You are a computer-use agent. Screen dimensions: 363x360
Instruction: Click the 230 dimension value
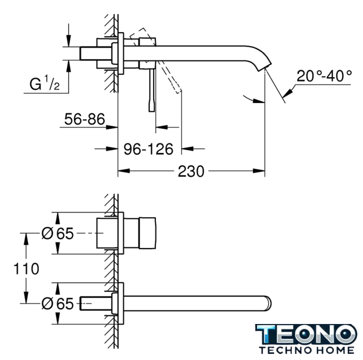(x=191, y=171)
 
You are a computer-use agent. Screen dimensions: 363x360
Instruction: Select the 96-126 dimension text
(x=149, y=148)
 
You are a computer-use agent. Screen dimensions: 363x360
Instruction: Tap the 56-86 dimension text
(x=84, y=119)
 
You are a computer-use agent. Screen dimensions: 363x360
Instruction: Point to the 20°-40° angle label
(x=324, y=75)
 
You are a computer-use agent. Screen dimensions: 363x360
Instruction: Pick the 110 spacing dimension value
(x=26, y=269)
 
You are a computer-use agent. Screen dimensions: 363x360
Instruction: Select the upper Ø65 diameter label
(x=57, y=233)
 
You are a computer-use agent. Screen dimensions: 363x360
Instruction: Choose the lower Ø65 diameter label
(x=57, y=304)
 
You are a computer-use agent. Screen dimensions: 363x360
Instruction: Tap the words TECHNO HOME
(x=307, y=350)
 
